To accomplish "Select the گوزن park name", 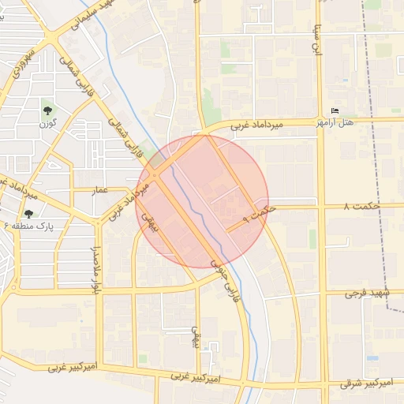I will click(x=48, y=125).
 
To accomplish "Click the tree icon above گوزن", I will click(x=48, y=110).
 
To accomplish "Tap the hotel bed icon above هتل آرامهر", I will click(x=335, y=111).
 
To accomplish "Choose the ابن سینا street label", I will click(x=319, y=38).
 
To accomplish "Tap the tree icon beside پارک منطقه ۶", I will click(x=29, y=214).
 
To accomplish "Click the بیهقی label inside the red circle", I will click(x=150, y=225).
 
